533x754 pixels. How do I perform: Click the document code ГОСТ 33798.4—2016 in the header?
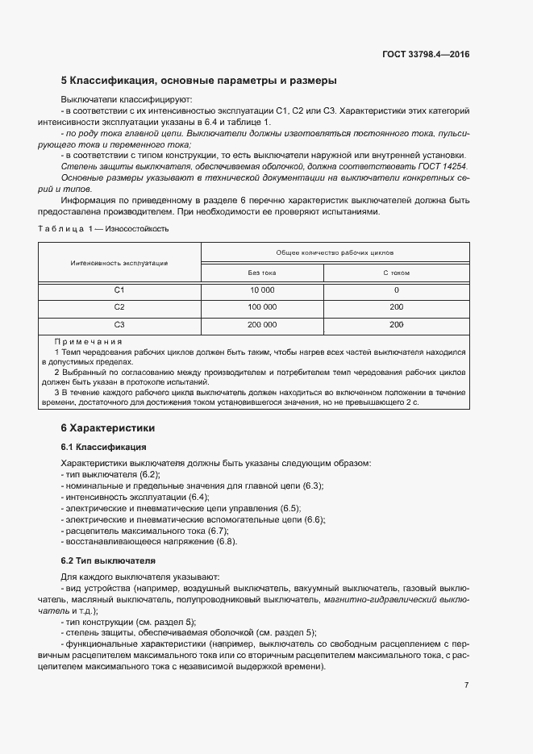pyautogui.click(x=426, y=55)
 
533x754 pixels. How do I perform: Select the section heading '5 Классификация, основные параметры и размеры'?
pyautogui.click(x=198, y=81)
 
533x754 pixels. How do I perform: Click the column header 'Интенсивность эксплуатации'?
pyautogui.click(x=119, y=263)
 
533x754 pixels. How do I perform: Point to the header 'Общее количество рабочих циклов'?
pyautogui.click(x=335, y=253)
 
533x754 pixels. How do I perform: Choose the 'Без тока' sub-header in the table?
pyautogui.click(x=262, y=273)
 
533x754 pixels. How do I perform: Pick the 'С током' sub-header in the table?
pyautogui.click(x=396, y=273)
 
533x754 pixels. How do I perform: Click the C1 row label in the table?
pyautogui.click(x=119, y=290)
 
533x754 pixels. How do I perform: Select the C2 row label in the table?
pyautogui.click(x=119, y=307)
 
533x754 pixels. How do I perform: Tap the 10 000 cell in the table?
pyautogui.click(x=262, y=290)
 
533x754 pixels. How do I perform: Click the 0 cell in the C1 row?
pyautogui.click(x=396, y=290)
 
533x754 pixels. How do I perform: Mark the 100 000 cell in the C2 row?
pyautogui.click(x=262, y=307)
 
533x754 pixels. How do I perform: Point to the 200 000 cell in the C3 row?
pyautogui.click(x=262, y=325)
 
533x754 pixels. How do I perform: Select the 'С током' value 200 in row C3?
pyautogui.click(x=396, y=325)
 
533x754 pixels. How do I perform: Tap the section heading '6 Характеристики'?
pyautogui.click(x=108, y=427)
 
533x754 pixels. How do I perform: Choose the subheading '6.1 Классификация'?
pyautogui.click(x=103, y=446)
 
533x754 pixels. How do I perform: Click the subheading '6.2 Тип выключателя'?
pyautogui.click(x=108, y=560)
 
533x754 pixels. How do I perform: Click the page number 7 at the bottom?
pyautogui.click(x=466, y=685)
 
